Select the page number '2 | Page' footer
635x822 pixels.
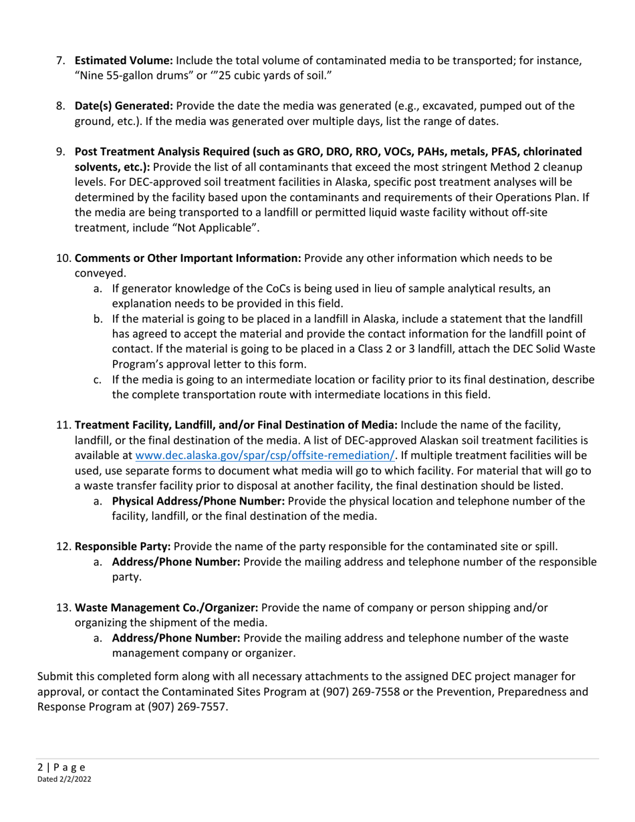59,767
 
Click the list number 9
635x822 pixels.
60,152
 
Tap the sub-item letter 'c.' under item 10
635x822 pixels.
98,379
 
